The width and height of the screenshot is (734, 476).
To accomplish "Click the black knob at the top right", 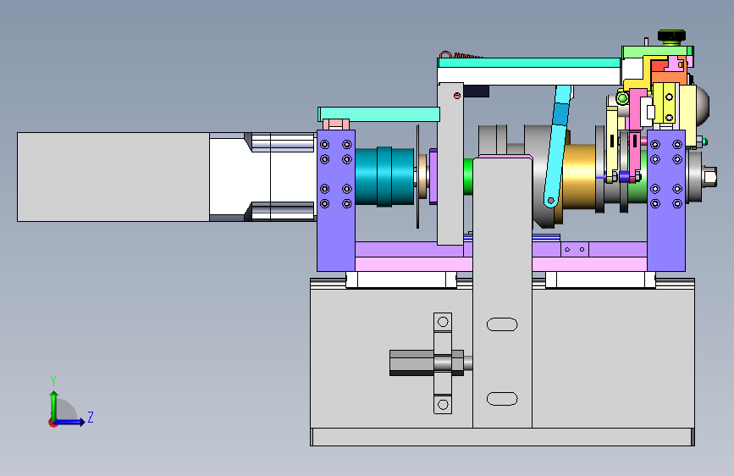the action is click(x=671, y=36).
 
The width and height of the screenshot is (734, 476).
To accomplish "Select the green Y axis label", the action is click(x=53, y=380).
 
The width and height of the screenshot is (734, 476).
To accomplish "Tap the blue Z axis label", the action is click(x=91, y=417).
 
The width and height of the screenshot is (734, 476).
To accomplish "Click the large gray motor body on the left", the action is click(x=113, y=177).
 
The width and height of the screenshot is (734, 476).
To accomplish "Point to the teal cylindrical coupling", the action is click(x=384, y=177).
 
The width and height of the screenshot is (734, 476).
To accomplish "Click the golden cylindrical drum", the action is click(x=580, y=176).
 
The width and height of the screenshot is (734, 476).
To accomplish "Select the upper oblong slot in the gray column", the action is click(x=502, y=324).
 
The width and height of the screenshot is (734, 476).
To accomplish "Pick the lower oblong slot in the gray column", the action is click(x=502, y=399).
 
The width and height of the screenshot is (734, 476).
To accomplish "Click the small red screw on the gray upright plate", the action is click(x=457, y=96).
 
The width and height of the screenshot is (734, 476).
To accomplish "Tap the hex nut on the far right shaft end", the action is click(x=709, y=177).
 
